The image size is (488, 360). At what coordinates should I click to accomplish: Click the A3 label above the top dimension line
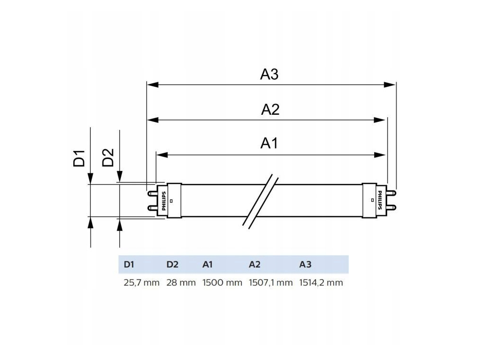[269, 74]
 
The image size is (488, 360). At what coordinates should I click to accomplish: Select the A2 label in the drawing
[270, 110]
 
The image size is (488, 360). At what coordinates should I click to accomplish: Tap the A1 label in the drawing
[269, 143]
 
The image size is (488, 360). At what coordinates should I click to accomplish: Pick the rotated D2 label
[109, 158]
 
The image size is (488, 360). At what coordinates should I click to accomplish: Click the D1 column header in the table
[129, 265]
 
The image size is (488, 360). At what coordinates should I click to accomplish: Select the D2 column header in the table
[172, 265]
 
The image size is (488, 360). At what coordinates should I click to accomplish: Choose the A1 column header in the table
[208, 265]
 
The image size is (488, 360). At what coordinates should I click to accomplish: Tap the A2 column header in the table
[254, 265]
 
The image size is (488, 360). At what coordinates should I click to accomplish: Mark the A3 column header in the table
[305, 265]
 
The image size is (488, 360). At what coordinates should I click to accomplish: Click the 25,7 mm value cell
[141, 282]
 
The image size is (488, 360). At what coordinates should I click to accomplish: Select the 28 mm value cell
[181, 282]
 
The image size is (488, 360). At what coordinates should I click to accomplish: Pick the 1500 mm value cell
[222, 282]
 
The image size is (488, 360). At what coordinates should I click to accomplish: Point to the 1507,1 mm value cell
[270, 282]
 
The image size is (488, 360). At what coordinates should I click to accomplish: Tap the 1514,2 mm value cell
[321, 282]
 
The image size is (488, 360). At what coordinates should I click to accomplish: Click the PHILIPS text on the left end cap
[164, 201]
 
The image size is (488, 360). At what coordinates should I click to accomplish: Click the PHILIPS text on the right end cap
[379, 200]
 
